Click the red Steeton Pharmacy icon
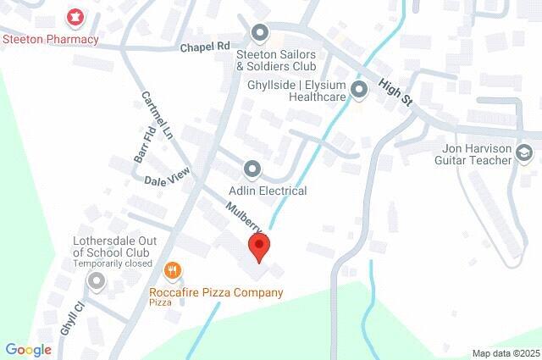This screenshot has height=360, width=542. [x=75, y=16]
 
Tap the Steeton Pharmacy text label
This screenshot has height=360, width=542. [x=51, y=39]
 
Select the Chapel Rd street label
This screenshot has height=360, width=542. [x=205, y=47]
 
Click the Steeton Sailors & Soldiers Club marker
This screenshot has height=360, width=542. [x=260, y=33]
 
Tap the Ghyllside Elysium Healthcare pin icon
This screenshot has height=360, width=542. [x=359, y=89]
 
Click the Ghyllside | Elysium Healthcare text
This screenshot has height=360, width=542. [x=296, y=91]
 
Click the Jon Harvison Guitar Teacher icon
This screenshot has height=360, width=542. [x=524, y=152]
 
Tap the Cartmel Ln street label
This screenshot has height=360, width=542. [x=157, y=116]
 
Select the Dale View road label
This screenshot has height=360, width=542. [x=166, y=179]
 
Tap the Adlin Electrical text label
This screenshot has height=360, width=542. [x=268, y=191]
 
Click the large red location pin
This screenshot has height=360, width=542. [x=258, y=246]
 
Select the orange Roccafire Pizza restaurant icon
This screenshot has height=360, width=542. [x=173, y=270]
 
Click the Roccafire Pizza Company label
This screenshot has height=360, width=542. [x=216, y=293]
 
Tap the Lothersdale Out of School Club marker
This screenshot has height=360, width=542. [x=97, y=280]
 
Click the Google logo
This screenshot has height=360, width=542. [x=28, y=350]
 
